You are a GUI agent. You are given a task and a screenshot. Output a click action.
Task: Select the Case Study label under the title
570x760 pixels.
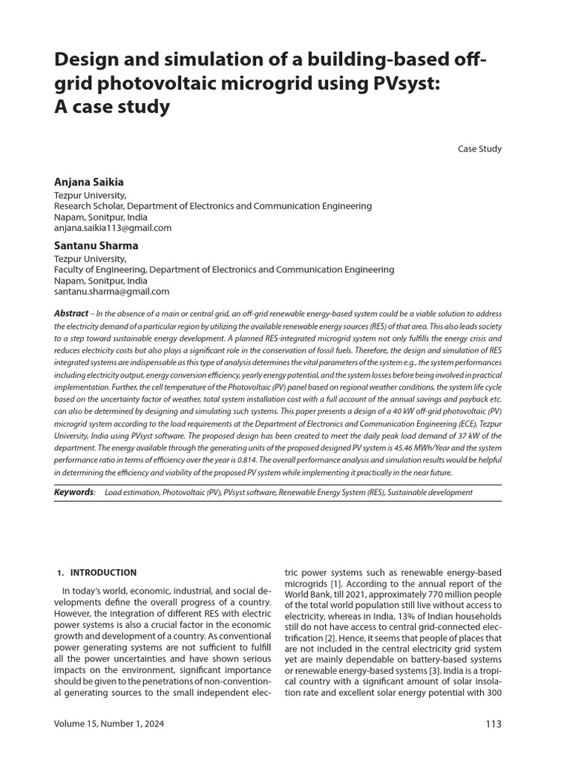coord(479,148)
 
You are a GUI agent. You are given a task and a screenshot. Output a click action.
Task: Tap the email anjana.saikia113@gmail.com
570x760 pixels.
coord(113,228)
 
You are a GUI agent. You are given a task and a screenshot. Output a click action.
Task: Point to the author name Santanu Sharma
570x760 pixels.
coord(96,246)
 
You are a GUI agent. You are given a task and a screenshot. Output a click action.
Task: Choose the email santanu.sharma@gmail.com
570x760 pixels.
coord(111,292)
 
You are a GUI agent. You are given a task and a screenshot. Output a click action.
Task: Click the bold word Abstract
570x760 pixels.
coord(71,314)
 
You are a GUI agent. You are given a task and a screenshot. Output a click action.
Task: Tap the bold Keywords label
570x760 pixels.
coord(73,492)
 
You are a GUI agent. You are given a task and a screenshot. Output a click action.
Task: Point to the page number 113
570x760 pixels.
coord(493,724)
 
